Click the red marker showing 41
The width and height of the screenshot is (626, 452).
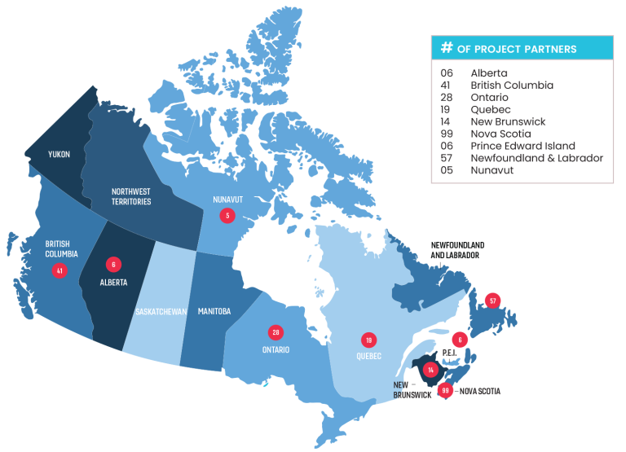tap(59, 270)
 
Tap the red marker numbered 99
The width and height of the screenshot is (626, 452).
tap(445, 390)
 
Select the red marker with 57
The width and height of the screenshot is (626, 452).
tap(492, 301)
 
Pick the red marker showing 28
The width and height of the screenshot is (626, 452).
tap(276, 332)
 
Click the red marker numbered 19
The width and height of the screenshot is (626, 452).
tap(368, 339)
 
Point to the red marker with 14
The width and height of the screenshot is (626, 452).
tap(431, 369)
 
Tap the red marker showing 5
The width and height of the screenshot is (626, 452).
tap(227, 215)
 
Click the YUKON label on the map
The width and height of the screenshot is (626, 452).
tap(59, 154)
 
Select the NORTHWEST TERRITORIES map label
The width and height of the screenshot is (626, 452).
tap(131, 196)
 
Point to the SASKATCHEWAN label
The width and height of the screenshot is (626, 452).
tap(161, 312)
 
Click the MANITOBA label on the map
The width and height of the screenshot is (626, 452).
tap(214, 311)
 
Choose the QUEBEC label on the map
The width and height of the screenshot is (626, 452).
tap(368, 356)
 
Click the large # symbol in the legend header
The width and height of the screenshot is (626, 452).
tap(446, 48)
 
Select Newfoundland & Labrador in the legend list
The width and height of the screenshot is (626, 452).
tap(536, 158)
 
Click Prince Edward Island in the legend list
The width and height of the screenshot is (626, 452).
tap(522, 146)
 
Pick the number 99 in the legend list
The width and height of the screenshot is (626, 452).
tap(446, 134)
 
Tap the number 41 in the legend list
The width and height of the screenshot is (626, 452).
tap(446, 85)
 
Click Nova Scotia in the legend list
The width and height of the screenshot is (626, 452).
tap(500, 134)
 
